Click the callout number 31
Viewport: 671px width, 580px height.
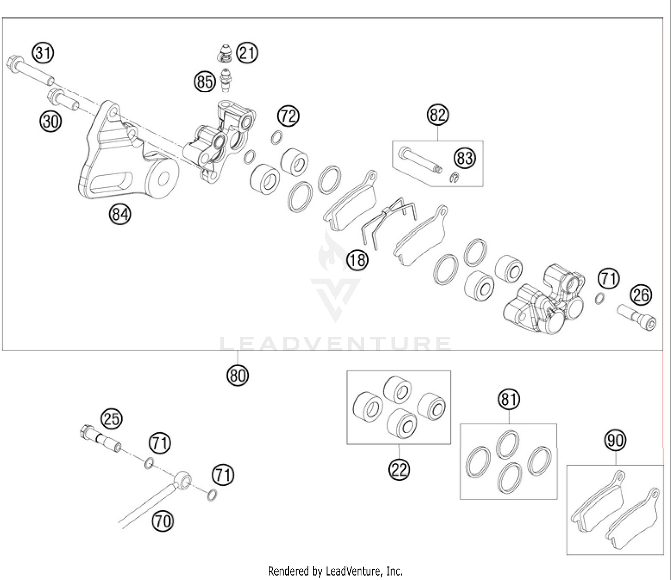[42, 53]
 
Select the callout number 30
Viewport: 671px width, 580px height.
[51, 121]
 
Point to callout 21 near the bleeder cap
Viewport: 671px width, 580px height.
[247, 53]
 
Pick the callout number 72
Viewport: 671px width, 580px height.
[288, 116]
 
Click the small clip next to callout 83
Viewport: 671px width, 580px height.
[454, 178]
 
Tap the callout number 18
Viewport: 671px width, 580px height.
[357, 259]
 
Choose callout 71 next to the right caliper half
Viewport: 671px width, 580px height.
[608, 279]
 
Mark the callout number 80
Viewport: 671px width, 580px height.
[237, 375]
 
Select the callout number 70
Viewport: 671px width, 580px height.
[163, 521]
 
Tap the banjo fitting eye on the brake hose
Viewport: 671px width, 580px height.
[183, 479]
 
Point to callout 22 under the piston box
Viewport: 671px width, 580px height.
[399, 469]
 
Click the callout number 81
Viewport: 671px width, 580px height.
[509, 398]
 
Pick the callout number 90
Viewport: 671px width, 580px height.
[616, 440]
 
